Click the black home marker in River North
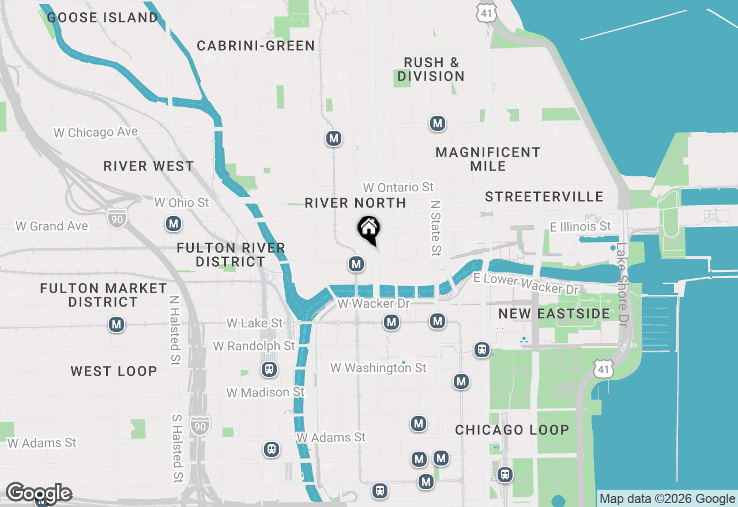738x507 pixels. click(368, 229)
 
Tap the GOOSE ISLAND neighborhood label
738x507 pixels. click(103, 18)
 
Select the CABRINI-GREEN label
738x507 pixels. click(256, 46)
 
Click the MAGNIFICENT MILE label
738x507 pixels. click(488, 159)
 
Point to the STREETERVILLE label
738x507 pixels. click(544, 197)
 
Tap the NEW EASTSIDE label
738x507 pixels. click(554, 314)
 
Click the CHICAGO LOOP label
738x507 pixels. click(512, 430)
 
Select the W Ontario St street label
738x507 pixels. click(398, 187)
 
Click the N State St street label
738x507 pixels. click(435, 228)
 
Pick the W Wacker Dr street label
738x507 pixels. click(373, 304)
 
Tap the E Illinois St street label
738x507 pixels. click(580, 226)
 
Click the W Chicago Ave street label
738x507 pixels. click(96, 133)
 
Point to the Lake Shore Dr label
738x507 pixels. click(622, 284)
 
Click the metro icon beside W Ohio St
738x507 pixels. click(174, 224)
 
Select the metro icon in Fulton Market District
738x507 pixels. click(117, 325)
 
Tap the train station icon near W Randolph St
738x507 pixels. click(269, 369)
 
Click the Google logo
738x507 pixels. click(39, 493)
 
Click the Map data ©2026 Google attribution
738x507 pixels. click(667, 499)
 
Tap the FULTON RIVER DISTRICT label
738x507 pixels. click(231, 255)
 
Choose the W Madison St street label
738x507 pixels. click(265, 392)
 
